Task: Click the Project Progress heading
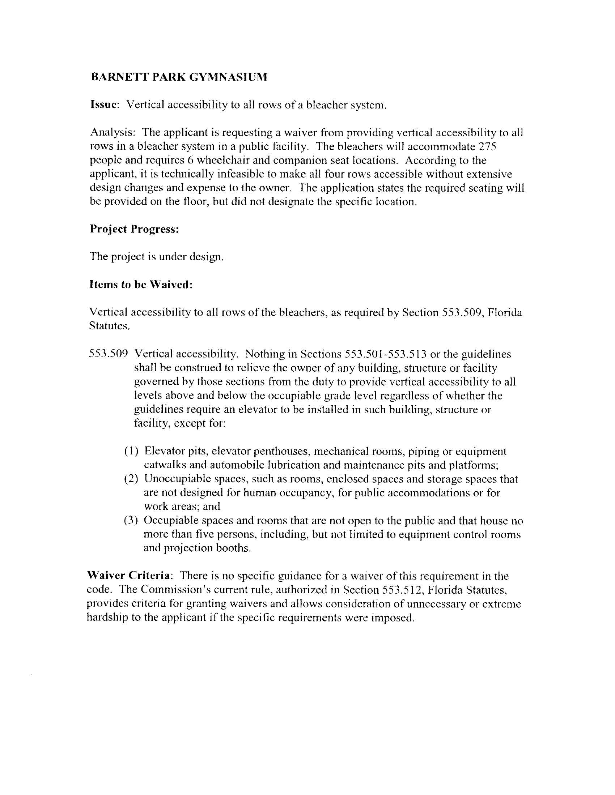click(x=134, y=229)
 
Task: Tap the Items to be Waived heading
click(x=141, y=285)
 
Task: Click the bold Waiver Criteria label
click(x=129, y=576)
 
